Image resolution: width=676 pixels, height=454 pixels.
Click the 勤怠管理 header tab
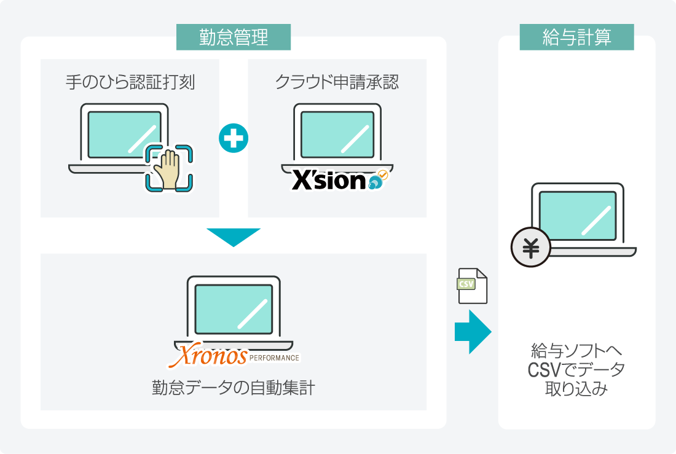(234, 37)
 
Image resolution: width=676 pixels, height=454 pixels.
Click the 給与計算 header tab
(576, 37)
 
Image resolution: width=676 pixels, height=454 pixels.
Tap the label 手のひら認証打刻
(130, 82)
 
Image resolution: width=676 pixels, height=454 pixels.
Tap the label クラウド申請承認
(337, 82)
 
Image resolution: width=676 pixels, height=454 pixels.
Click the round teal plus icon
(234, 138)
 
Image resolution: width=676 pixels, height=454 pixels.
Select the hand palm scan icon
(169, 167)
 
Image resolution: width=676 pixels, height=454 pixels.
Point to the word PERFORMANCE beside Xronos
(275, 358)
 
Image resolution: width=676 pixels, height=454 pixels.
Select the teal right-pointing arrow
(473, 332)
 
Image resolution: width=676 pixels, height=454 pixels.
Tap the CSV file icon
(472, 286)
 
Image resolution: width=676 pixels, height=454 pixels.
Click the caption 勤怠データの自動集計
(234, 388)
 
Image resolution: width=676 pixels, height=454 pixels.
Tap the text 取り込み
(576, 389)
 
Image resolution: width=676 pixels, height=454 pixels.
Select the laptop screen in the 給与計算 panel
(578, 216)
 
